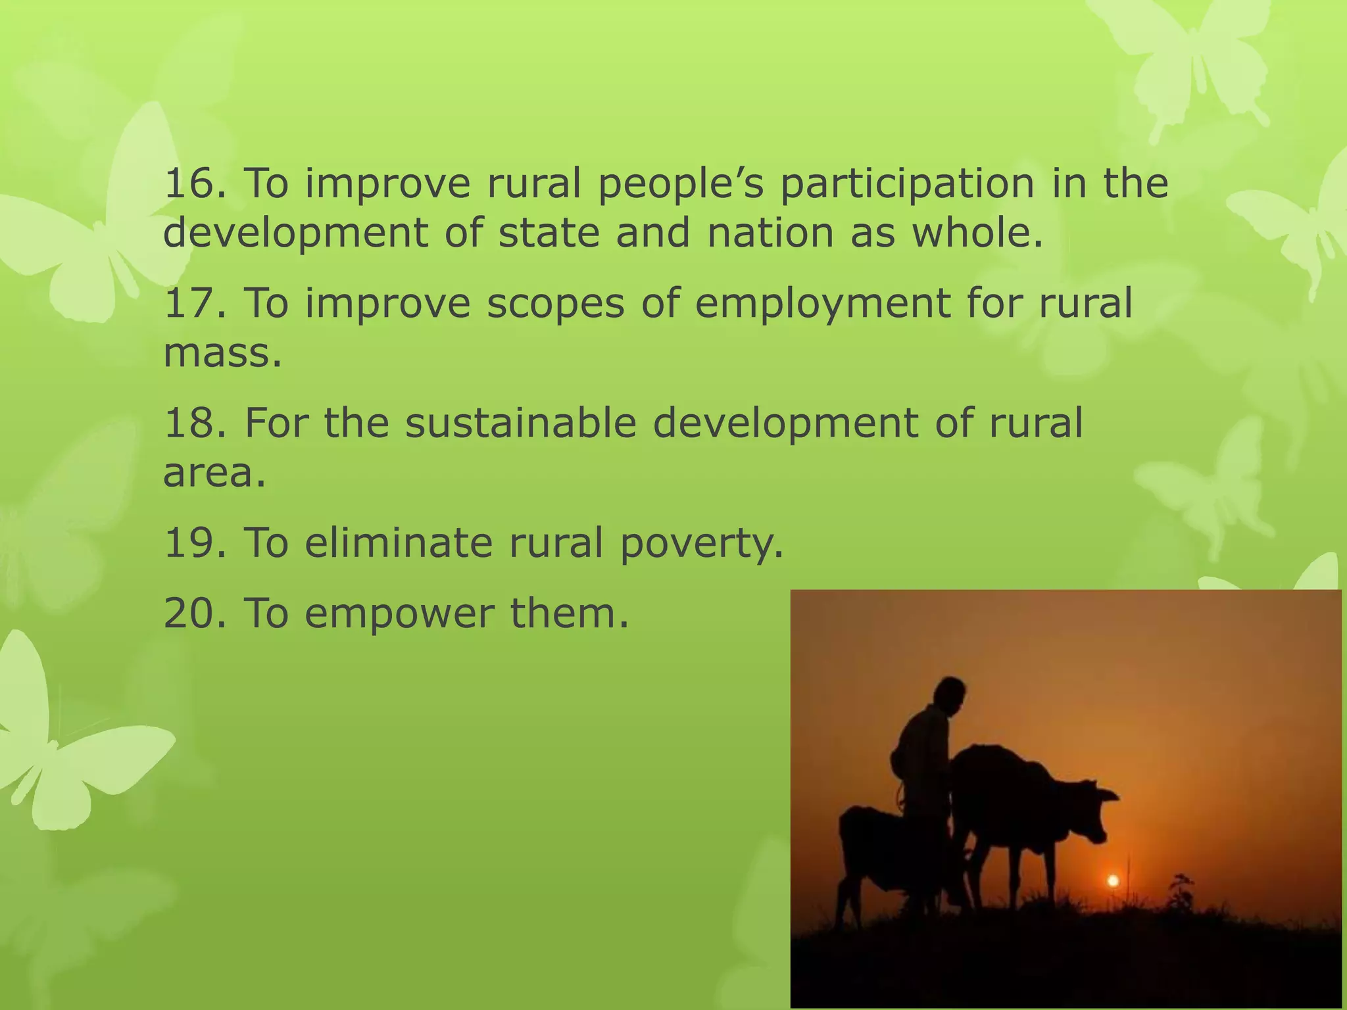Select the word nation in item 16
[770, 233]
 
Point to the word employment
[822, 304]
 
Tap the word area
[214, 473]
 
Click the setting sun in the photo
[1113, 880]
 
